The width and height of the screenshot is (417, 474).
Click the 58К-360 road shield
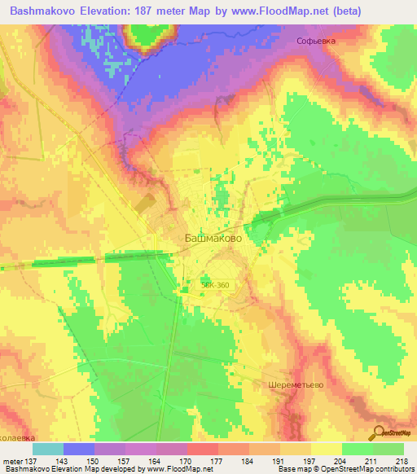(216, 284)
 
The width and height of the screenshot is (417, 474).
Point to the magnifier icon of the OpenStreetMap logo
(379, 432)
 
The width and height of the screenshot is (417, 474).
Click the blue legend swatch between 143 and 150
(79, 449)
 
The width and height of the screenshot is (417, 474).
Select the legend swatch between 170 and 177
(203, 449)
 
